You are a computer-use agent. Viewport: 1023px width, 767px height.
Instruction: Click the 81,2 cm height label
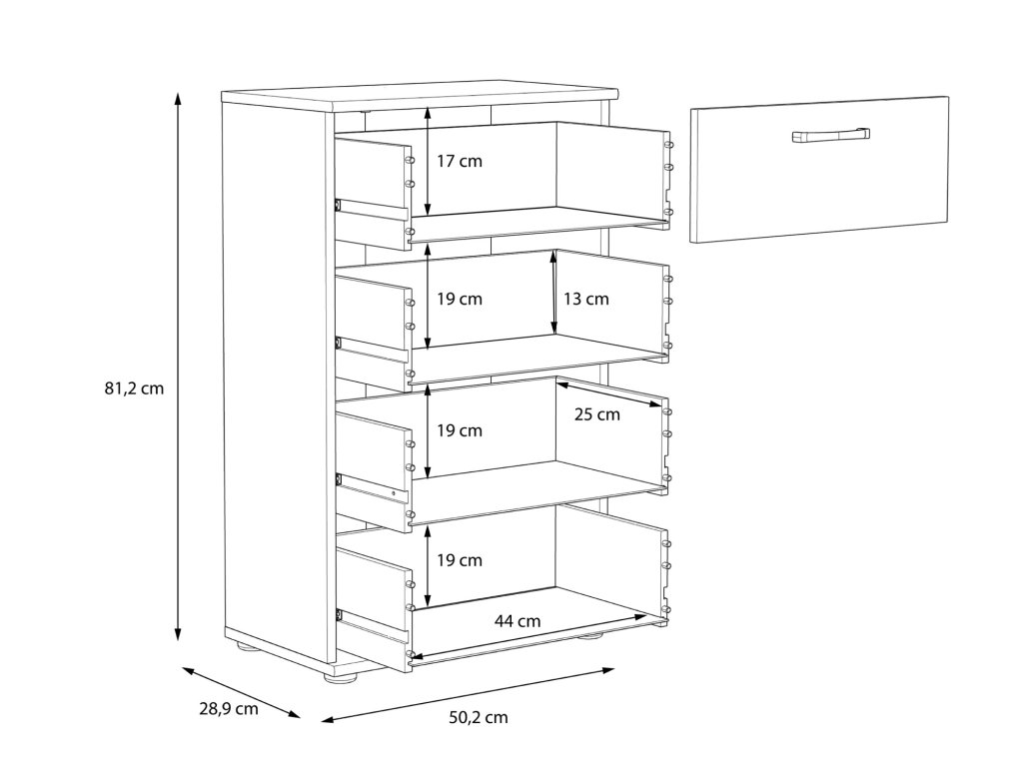134,388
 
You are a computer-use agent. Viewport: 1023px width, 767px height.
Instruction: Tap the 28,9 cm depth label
228,709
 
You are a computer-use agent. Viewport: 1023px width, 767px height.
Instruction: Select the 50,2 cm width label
478,717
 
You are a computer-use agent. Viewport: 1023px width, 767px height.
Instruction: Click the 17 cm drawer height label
460,161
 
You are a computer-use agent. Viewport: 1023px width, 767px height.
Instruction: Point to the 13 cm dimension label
585,299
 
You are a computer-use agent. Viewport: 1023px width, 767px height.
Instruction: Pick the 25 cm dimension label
596,414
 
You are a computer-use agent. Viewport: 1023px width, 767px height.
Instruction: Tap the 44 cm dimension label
516,620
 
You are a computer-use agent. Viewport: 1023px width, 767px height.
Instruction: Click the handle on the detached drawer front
831,135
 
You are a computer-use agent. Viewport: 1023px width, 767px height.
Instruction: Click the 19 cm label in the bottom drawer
460,560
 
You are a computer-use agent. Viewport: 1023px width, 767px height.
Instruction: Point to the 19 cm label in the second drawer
460,299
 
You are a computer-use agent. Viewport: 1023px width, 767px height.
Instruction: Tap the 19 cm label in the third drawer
460,430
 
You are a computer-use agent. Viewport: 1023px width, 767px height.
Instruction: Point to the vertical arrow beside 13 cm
553,293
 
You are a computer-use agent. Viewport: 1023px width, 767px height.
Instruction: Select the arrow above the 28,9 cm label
240,691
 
